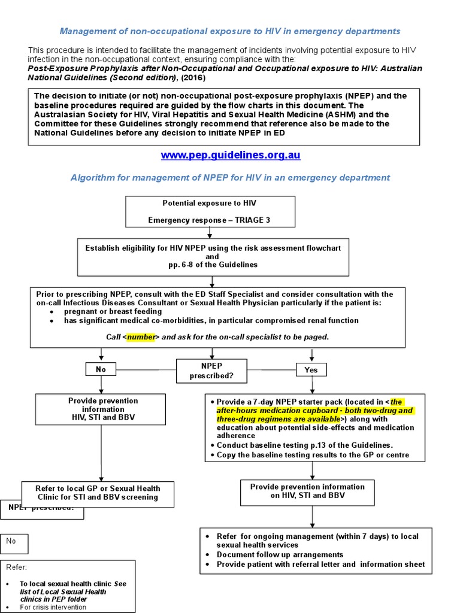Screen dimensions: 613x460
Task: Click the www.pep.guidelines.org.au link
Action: pos(230,155)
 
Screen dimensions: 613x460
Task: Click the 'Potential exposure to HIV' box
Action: pos(210,211)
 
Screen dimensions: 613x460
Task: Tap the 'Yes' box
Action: pos(311,370)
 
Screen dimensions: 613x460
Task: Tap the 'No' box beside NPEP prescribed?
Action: pos(101,370)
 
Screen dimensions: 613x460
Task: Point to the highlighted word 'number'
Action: pos(141,337)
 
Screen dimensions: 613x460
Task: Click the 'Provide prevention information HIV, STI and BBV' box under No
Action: pos(101,409)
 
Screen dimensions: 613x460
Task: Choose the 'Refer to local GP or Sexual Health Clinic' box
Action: pos(99,492)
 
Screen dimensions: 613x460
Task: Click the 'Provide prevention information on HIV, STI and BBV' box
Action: pos(307,491)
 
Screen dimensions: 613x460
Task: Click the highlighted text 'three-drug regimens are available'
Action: pos(279,419)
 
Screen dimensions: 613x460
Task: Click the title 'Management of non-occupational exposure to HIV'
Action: pos(229,31)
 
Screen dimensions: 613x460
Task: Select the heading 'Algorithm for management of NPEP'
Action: pos(230,178)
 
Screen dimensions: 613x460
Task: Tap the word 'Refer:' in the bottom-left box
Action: pos(16,568)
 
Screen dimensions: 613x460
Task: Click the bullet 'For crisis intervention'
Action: pos(53,607)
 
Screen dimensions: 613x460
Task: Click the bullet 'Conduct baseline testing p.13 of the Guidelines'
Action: pos(304,445)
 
